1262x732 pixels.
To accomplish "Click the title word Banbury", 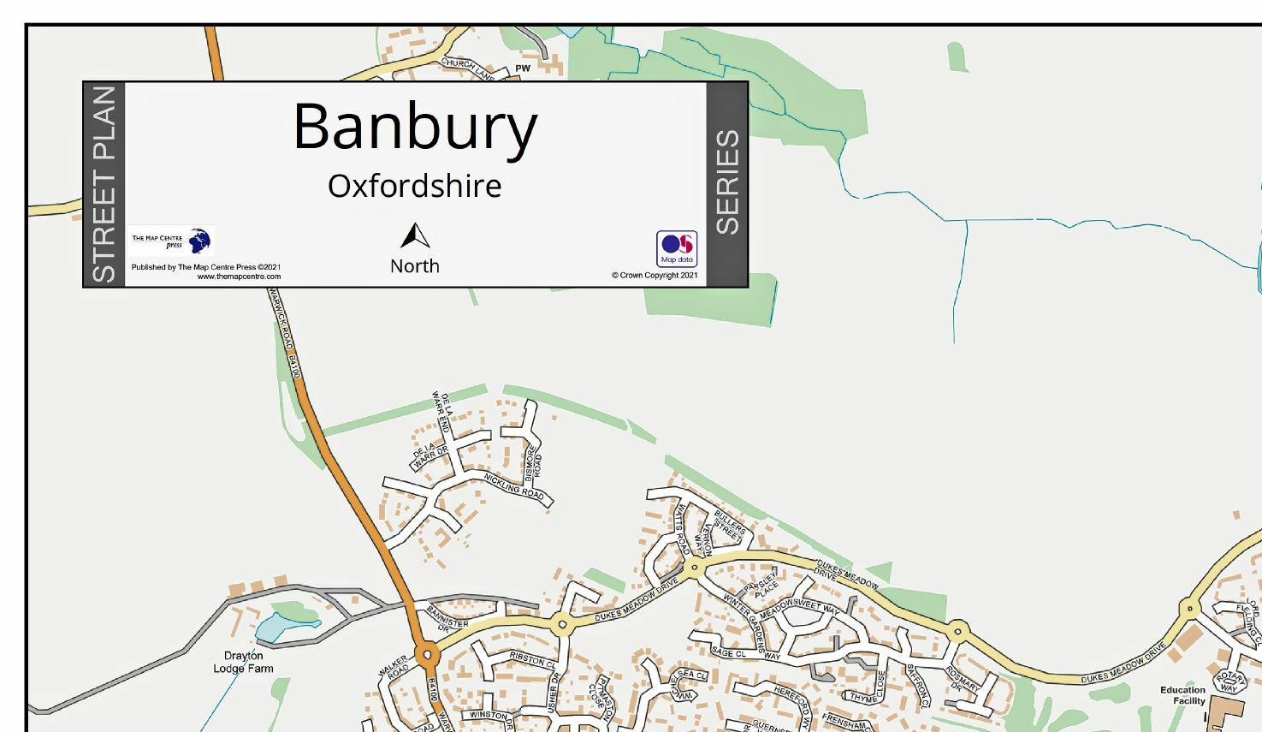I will pyautogui.click(x=415, y=127).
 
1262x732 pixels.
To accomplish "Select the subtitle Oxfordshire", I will pyautogui.click(x=415, y=186).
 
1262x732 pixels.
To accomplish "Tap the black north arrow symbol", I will pyautogui.click(x=415, y=237).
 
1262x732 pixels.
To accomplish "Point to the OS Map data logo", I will pyautogui.click(x=677, y=248).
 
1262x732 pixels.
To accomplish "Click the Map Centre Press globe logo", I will pyautogui.click(x=200, y=241).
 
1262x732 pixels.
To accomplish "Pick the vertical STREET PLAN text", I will pyautogui.click(x=104, y=184).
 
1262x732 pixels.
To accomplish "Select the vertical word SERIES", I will pyautogui.click(x=727, y=182).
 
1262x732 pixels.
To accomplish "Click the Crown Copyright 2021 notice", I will pyautogui.click(x=655, y=276).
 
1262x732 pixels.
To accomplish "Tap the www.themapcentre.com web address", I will pyautogui.click(x=239, y=277).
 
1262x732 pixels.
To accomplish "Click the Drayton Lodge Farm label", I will pyautogui.click(x=244, y=662).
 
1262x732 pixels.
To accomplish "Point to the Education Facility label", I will pyautogui.click(x=1183, y=695).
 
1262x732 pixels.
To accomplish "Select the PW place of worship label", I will pyautogui.click(x=523, y=68).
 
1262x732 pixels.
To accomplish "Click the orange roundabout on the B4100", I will pyautogui.click(x=427, y=657).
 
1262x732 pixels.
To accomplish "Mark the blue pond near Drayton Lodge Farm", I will pyautogui.click(x=276, y=628).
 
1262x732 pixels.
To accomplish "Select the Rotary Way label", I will pyautogui.click(x=1229, y=682).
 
